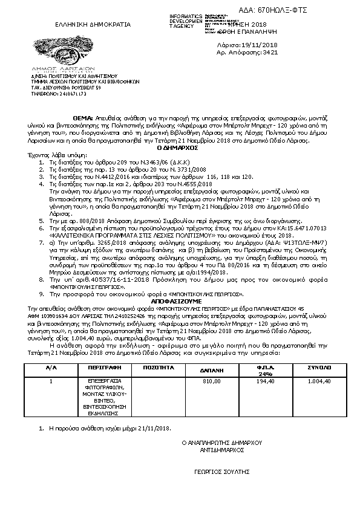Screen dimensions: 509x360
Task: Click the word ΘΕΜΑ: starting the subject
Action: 83,117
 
